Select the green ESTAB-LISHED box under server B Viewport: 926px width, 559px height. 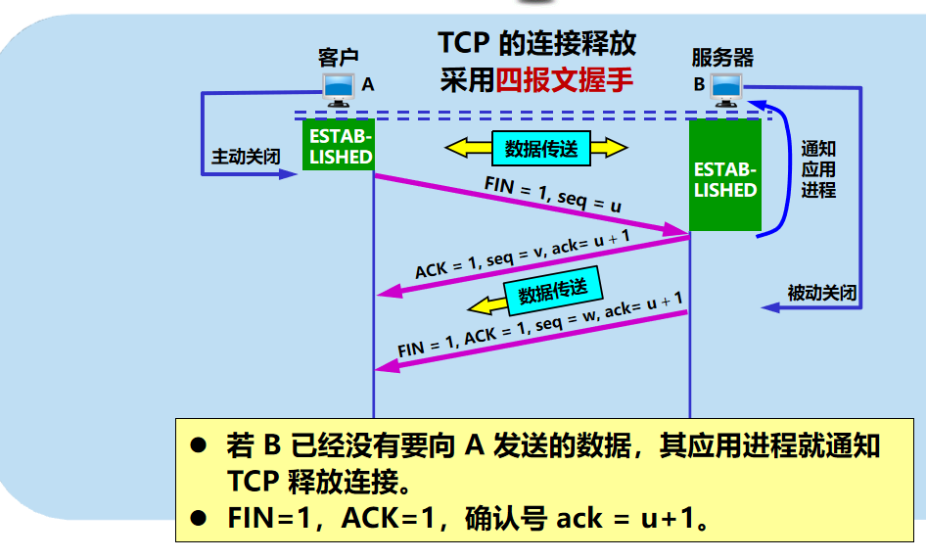tap(724, 176)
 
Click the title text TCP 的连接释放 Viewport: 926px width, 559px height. tap(536, 43)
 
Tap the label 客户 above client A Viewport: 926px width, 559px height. tap(339, 58)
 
